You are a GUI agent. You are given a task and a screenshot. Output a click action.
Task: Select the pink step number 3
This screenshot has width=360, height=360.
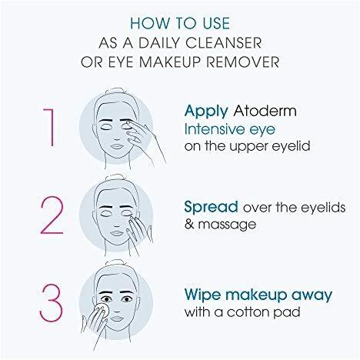click(52, 303)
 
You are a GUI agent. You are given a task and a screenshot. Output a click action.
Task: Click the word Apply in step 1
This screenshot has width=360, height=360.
click(206, 112)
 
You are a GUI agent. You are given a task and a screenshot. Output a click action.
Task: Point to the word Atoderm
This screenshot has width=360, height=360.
click(265, 111)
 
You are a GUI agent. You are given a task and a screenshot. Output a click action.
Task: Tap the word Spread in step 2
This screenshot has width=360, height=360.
click(211, 207)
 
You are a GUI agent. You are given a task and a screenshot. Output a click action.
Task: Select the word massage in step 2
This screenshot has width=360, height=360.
click(227, 225)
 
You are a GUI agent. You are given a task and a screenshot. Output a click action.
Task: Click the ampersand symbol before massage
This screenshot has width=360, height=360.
click(189, 224)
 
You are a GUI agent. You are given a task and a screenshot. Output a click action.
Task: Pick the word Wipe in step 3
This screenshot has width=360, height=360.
click(202, 295)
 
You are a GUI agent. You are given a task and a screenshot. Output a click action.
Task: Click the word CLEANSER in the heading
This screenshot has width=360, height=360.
click(223, 42)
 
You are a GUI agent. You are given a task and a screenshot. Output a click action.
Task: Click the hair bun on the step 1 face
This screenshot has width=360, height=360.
click(115, 92)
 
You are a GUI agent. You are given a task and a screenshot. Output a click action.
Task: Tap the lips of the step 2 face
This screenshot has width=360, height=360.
click(117, 234)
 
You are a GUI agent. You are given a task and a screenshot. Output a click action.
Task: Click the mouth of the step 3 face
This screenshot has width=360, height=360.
click(117, 319)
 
